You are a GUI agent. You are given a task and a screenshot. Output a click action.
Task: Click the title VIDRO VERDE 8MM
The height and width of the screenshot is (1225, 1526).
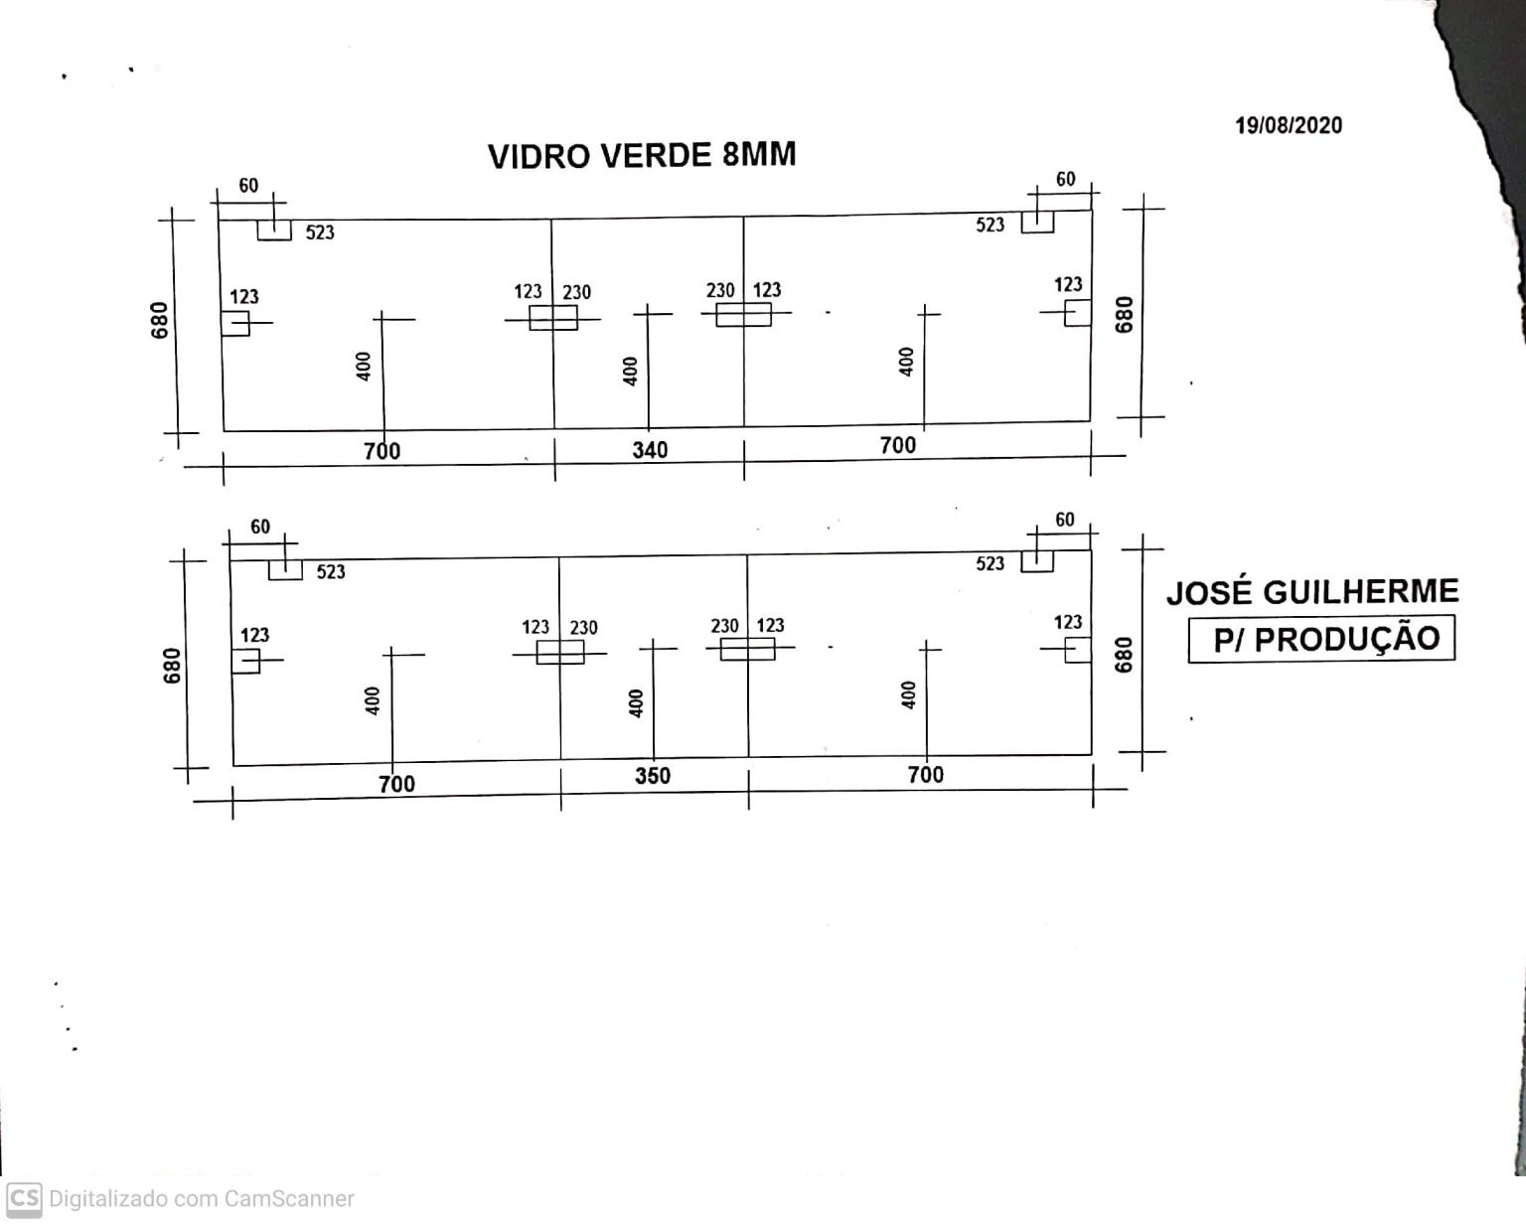pos(642,155)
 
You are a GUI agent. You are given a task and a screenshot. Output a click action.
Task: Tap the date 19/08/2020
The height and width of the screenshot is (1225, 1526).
pos(1289,125)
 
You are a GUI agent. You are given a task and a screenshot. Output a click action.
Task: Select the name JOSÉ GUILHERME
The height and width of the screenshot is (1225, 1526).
pos(1312,592)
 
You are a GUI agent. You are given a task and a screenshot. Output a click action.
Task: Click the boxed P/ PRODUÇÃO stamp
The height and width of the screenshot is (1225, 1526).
pos(1321,639)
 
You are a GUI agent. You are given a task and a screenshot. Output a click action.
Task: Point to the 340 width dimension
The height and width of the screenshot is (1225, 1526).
pos(651,450)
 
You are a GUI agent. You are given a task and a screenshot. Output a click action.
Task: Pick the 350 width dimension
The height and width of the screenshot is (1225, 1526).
pos(653,775)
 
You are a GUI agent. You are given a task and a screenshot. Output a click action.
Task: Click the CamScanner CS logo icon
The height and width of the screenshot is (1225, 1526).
pos(24,1199)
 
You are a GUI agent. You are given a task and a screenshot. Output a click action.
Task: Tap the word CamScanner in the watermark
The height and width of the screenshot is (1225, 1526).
pos(288,1199)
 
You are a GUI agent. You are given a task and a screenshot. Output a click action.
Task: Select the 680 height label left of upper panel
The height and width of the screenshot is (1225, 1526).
pos(160,321)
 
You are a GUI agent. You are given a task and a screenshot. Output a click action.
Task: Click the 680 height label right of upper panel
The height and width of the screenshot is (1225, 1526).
pos(1125,315)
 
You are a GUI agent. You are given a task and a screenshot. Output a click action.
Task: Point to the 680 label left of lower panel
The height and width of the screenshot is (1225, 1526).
pos(172,666)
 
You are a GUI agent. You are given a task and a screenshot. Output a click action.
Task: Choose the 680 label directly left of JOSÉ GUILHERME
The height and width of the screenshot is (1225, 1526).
pos(1125,655)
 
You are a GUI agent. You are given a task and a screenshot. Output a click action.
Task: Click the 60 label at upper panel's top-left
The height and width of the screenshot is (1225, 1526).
pos(248,185)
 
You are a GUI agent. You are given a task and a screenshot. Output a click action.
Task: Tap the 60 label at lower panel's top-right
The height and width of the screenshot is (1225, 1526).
pos(1065,520)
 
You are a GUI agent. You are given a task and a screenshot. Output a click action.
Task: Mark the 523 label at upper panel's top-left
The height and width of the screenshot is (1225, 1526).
pos(320,232)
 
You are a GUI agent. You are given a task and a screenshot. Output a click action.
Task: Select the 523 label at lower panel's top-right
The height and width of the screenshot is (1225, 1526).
pos(990,563)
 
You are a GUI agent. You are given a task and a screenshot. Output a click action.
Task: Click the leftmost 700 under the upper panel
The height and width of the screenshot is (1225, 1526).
pos(382,451)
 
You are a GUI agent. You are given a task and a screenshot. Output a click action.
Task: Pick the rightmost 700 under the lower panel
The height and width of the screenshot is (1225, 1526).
pos(926,775)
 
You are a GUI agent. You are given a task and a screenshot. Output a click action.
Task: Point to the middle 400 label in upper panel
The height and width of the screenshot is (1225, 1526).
pos(630,372)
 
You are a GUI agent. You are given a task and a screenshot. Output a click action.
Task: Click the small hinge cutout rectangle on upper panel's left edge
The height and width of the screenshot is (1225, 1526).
pos(235,324)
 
